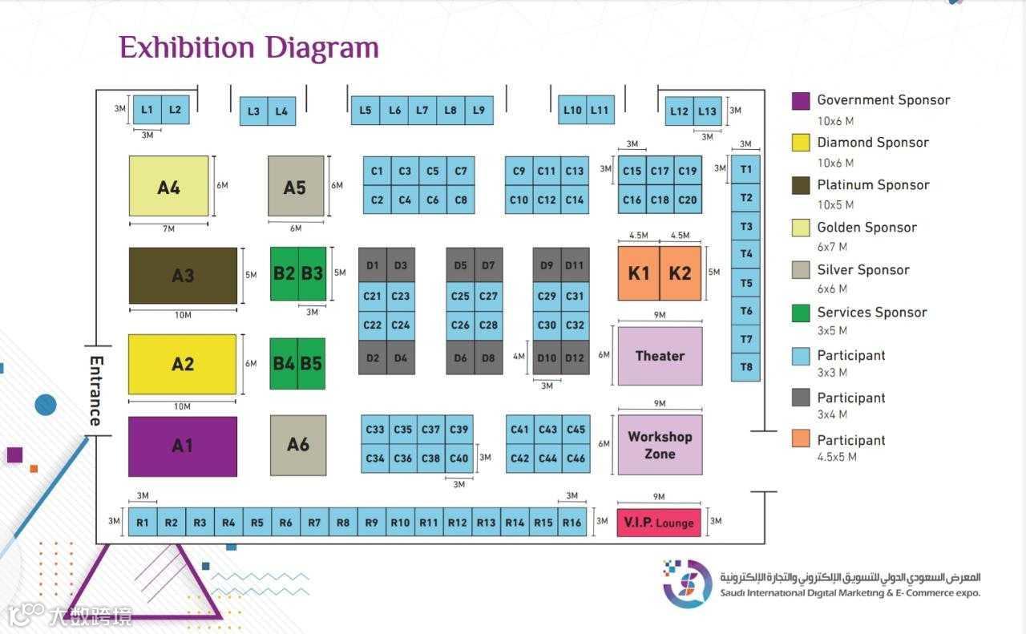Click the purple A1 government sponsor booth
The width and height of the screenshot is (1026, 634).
click(183, 446)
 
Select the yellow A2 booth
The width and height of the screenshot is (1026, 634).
click(183, 364)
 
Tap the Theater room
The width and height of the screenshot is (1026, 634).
click(660, 356)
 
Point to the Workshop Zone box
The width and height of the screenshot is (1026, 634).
click(660, 445)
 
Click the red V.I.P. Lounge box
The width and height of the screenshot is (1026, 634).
click(659, 523)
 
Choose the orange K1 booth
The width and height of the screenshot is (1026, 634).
click(639, 273)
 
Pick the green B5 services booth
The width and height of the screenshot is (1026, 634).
click(311, 363)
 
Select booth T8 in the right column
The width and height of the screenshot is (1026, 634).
click(746, 367)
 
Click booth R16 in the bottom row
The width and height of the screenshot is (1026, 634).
click(572, 523)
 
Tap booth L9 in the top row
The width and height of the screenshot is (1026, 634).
click(479, 111)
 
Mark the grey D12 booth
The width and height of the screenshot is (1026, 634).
click(575, 358)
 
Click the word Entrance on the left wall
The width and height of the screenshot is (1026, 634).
click(96, 390)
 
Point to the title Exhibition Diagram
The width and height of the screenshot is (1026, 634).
click(248, 47)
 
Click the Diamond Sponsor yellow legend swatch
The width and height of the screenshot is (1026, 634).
click(801, 143)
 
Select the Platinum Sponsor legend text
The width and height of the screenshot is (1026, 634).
click(873, 184)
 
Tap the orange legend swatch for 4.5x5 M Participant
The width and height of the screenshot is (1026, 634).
click(801, 439)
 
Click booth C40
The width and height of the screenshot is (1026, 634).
click(458, 458)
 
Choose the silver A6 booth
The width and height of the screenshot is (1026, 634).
click(298, 445)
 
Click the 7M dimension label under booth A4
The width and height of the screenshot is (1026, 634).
click(168, 228)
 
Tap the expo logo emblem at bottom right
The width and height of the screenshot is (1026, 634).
click(687, 583)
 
